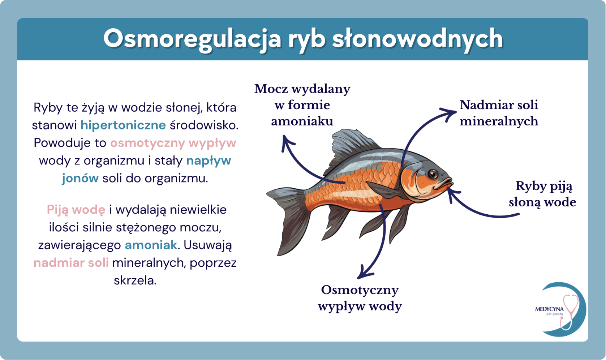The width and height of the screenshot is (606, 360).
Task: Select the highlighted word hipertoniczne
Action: point(123,125)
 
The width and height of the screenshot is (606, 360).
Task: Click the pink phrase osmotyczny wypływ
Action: point(173,143)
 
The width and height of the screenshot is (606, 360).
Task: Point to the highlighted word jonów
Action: point(80,179)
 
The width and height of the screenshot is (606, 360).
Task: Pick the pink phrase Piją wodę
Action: point(76,210)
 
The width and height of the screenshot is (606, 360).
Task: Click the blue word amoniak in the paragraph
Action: point(151,245)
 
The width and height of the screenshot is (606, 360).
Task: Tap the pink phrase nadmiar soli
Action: point(71,263)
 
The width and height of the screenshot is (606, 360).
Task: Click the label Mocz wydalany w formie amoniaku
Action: point(302,105)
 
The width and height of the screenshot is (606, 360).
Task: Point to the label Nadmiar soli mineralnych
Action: point(499,113)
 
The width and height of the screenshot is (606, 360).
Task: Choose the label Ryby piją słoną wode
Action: point(542,194)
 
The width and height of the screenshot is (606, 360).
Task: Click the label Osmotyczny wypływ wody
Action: point(360,298)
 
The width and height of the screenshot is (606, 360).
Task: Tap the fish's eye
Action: point(433,174)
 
